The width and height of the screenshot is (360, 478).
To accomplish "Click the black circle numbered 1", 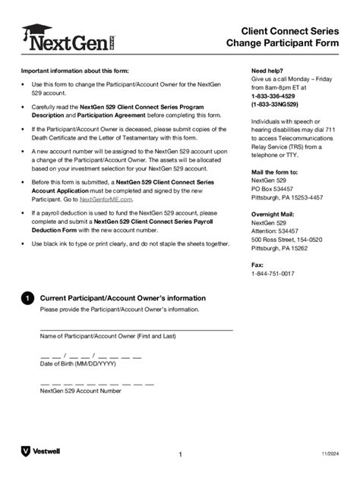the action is [x=27, y=300].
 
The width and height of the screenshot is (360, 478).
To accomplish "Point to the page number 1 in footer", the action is [x=181, y=454].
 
